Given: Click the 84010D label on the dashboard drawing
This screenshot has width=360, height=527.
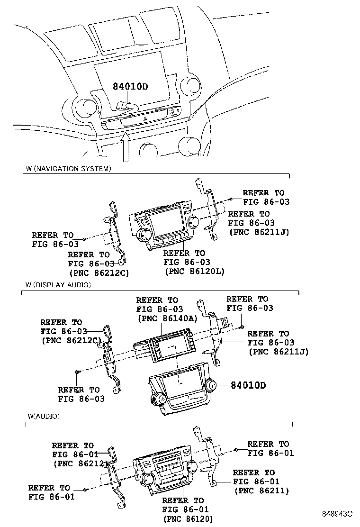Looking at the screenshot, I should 130,87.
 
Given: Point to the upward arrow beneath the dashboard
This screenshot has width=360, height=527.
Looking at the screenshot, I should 126,147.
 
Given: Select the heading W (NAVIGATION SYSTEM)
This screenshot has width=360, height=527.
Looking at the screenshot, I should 69,168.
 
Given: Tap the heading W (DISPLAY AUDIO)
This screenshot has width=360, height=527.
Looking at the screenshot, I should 59,285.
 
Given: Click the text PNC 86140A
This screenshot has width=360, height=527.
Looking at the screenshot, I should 166,319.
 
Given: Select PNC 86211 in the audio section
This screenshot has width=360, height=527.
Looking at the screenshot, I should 261,491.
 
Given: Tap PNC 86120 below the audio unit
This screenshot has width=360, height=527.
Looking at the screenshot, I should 188,519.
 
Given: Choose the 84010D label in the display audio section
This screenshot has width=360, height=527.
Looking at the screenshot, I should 248,385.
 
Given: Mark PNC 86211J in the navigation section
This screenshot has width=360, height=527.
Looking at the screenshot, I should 259,232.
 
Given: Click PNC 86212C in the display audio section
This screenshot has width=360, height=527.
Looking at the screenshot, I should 72,340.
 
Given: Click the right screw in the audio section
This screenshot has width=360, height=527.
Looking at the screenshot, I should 235,450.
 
